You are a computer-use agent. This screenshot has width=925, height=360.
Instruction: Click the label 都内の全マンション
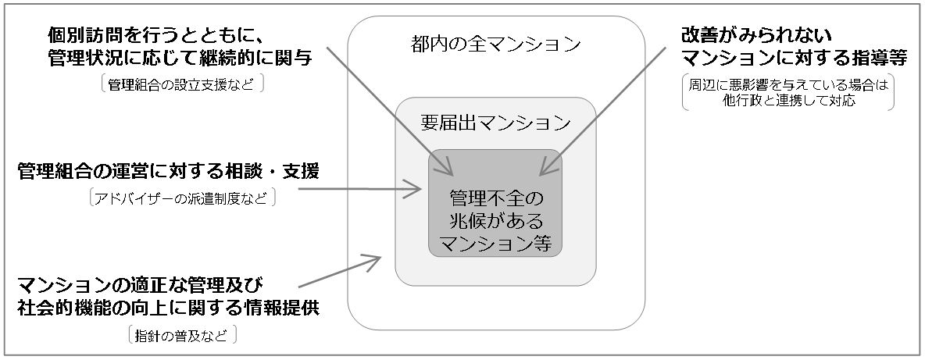[x=496, y=44]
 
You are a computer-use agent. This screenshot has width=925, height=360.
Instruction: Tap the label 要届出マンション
[x=495, y=123]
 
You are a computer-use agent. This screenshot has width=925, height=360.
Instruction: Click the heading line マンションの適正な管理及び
[x=146, y=283]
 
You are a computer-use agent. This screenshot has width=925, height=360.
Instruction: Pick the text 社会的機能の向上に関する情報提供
[x=169, y=308]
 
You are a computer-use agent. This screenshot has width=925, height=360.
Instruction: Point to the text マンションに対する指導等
[x=786, y=59]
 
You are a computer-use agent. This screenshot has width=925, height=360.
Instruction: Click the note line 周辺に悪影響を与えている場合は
[x=788, y=86]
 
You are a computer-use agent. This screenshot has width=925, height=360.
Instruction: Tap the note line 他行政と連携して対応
[x=788, y=101]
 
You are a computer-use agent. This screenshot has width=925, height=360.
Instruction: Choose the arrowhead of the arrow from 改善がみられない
[x=544, y=169]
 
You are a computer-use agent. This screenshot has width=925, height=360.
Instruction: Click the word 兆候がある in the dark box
[x=495, y=218]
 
